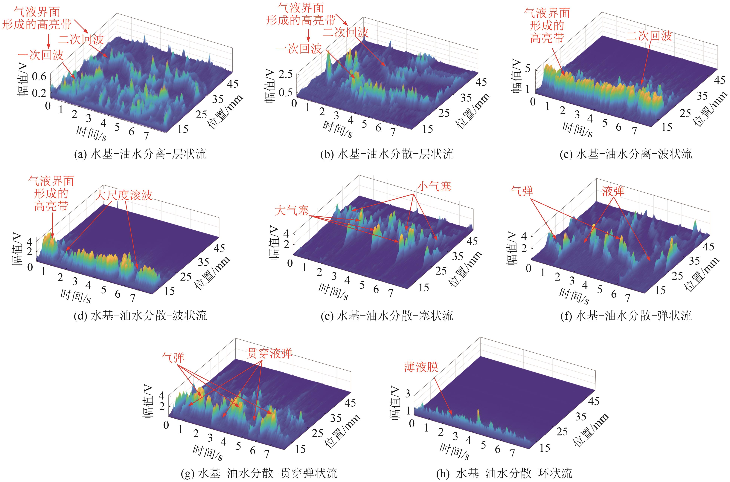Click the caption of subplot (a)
click(140, 154)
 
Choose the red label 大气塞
click(292, 211)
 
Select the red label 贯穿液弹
click(269, 354)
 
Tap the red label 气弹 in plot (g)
click(173, 357)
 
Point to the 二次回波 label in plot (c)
click(649, 36)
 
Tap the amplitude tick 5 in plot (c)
click(528, 68)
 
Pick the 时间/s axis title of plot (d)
click(76, 296)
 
